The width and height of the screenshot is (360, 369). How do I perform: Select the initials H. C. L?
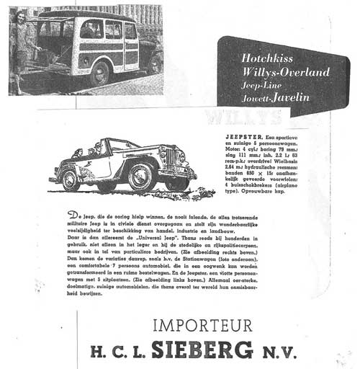pos(117,352)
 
